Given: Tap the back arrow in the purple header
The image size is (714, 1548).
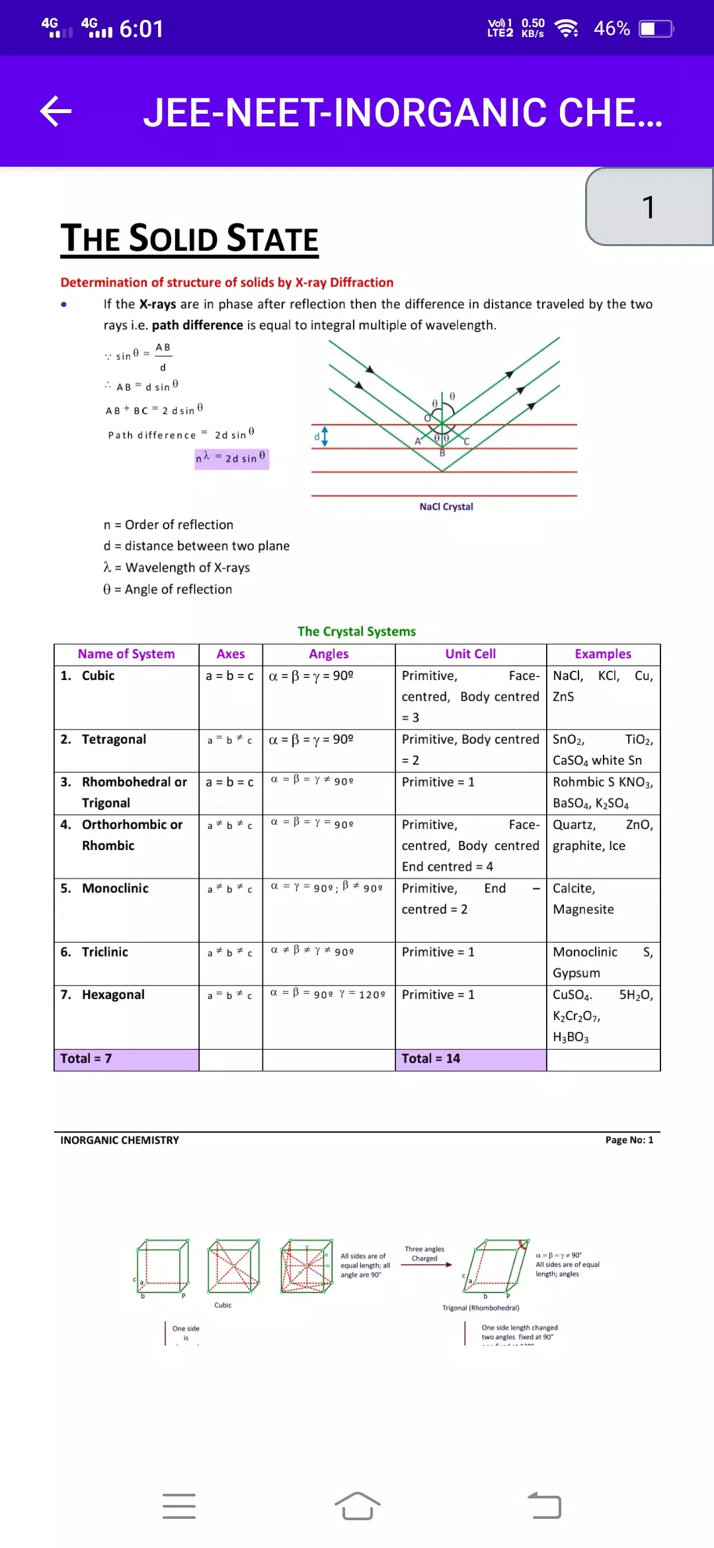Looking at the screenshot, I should pyautogui.click(x=56, y=111).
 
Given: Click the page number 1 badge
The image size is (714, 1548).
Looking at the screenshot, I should pyautogui.click(x=649, y=206).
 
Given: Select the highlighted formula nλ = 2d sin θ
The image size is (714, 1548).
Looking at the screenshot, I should pyautogui.click(x=231, y=458).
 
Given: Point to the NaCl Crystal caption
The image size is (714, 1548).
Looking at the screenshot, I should pyautogui.click(x=446, y=507).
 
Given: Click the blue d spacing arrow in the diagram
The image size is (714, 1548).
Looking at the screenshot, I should pyautogui.click(x=324, y=436).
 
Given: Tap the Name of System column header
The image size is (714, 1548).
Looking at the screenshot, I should pyautogui.click(x=126, y=654).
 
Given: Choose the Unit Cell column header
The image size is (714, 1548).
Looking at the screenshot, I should pyautogui.click(x=470, y=654).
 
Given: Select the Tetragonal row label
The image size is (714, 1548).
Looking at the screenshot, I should pyautogui.click(x=114, y=740).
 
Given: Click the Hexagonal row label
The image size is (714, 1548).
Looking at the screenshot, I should pyautogui.click(x=113, y=995).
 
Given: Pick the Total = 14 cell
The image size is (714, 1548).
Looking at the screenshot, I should pyautogui.click(x=431, y=1059).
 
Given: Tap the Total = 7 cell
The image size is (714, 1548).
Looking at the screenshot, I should pyautogui.click(x=86, y=1059).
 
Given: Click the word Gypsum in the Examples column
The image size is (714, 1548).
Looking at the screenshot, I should pyautogui.click(x=576, y=973).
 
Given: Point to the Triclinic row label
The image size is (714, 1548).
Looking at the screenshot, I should pyautogui.click(x=105, y=952).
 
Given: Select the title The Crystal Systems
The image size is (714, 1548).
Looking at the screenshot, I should pyautogui.click(x=356, y=632).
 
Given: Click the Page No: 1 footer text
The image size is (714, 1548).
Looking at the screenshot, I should pyautogui.click(x=629, y=1140).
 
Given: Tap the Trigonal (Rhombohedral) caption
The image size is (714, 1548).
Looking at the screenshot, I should pyautogui.click(x=481, y=1308).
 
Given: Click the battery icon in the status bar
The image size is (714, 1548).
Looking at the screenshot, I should pyautogui.click(x=656, y=29).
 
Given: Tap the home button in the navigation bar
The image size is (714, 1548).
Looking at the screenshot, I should pyautogui.click(x=357, y=1506).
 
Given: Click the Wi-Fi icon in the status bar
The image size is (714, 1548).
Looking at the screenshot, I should pyautogui.click(x=567, y=28).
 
